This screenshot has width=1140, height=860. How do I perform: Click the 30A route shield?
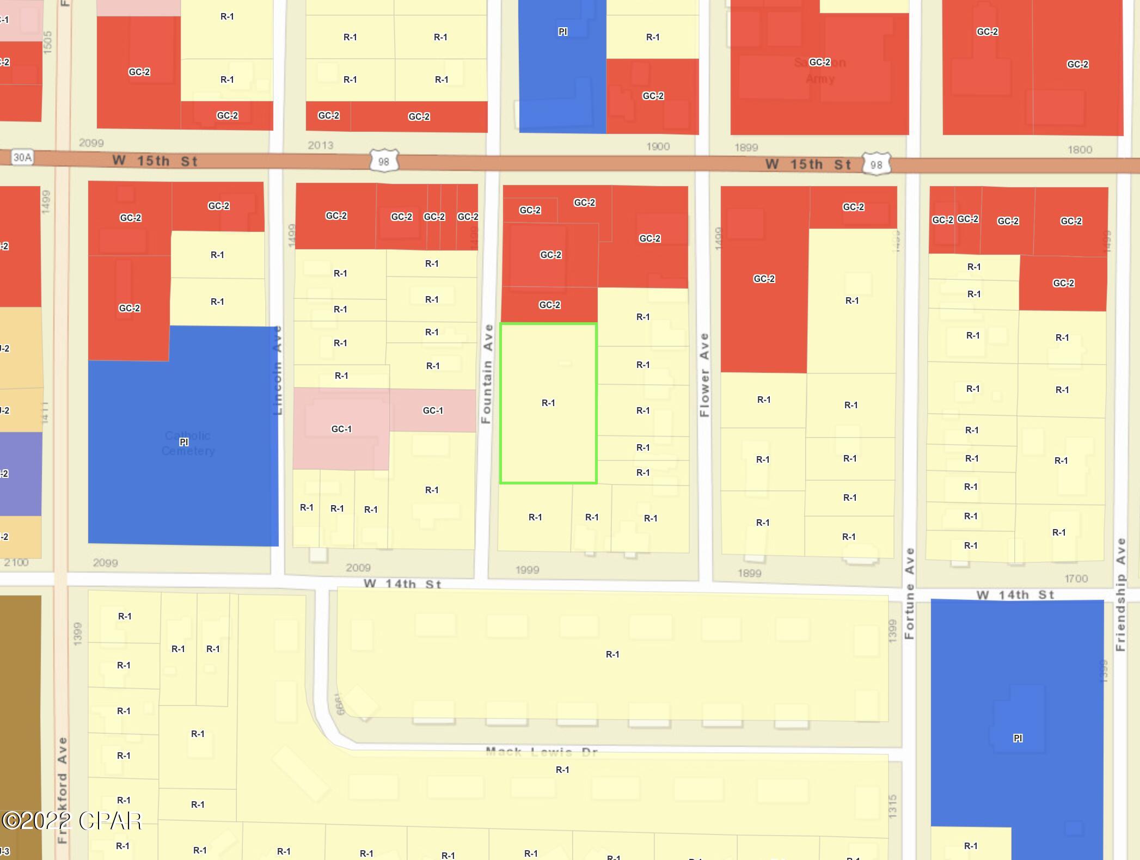point(22,158)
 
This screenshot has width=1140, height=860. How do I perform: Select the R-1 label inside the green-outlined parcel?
point(548,403)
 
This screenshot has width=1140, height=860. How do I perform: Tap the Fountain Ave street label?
point(487,373)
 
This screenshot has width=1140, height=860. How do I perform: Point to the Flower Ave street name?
point(704,374)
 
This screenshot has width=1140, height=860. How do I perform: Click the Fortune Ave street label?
point(909,593)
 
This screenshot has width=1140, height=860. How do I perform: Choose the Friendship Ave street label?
point(1120,594)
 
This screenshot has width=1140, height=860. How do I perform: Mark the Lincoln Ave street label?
point(278,370)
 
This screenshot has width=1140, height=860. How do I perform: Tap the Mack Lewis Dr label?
point(542,752)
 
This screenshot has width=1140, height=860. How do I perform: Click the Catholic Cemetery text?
point(188,443)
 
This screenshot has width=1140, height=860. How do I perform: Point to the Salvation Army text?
point(820,70)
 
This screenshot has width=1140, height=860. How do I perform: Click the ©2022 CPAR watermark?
point(71,821)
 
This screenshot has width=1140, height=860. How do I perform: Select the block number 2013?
point(320,145)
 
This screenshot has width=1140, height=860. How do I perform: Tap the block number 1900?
point(658,146)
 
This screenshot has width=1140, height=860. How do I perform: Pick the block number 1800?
point(1080,150)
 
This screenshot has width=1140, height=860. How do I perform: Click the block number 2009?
point(358,568)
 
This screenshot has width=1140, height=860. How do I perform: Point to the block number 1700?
point(1076,579)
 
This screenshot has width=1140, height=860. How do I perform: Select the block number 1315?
point(892,806)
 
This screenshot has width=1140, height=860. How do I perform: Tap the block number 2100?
point(16,562)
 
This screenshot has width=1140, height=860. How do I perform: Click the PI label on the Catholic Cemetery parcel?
point(183,442)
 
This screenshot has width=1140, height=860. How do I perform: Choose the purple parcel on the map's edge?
point(21,474)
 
